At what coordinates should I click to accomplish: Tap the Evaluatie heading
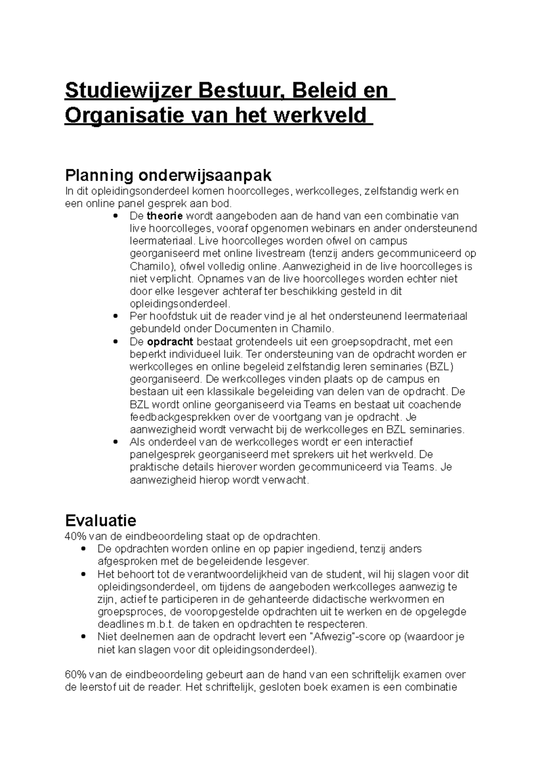point(101,521)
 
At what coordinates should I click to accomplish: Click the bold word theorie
point(165,216)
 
